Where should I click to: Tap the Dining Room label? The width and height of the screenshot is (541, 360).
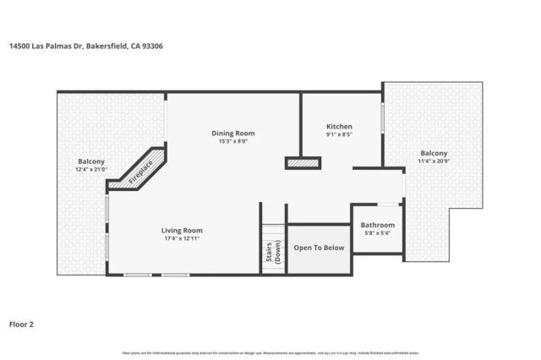(232, 133)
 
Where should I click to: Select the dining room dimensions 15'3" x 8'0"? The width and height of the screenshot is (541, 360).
(232, 141)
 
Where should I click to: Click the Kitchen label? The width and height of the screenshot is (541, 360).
(339, 127)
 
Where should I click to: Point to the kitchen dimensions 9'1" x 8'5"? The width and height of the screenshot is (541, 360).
(339, 134)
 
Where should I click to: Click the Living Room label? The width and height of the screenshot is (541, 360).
(182, 230)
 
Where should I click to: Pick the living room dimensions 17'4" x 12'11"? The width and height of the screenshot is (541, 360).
(182, 238)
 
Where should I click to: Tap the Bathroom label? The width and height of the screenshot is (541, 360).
(377, 225)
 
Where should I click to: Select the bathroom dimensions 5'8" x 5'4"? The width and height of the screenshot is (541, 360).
(377, 233)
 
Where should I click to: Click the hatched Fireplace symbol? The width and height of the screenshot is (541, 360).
(140, 170)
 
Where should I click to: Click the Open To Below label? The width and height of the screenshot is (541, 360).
(319, 248)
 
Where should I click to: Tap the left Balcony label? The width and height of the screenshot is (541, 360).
(91, 161)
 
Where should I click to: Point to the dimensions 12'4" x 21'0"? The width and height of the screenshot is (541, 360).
(91, 170)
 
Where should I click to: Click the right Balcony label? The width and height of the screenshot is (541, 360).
(434, 153)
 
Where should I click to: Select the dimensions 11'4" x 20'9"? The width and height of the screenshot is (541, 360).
(434, 161)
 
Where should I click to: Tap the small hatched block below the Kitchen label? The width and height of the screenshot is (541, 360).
(303, 162)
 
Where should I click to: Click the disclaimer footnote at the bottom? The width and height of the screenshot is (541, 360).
(270, 352)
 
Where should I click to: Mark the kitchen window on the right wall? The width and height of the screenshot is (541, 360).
(383, 117)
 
